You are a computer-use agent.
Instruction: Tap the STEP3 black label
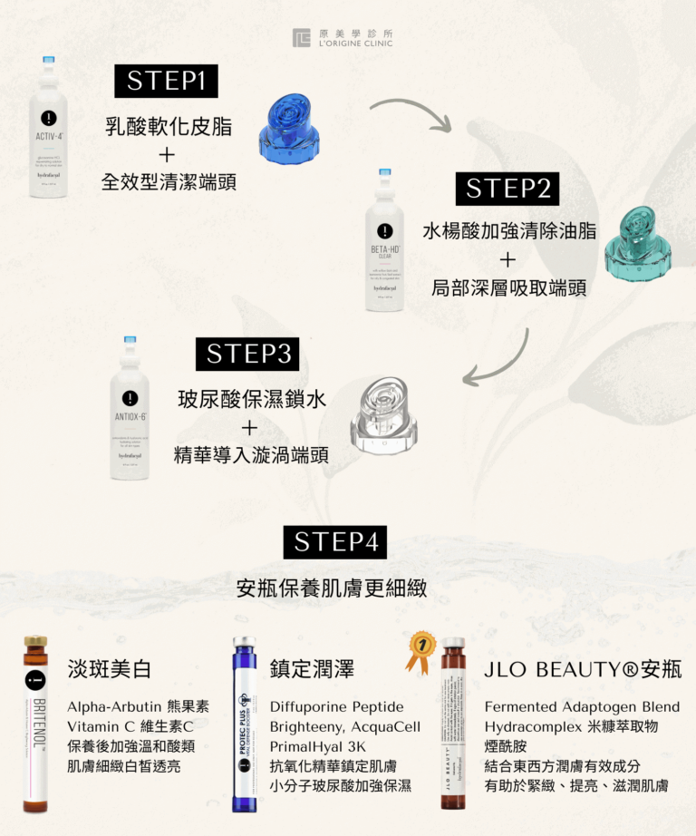(x=249, y=354)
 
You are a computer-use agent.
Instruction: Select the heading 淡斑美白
(x=110, y=670)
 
